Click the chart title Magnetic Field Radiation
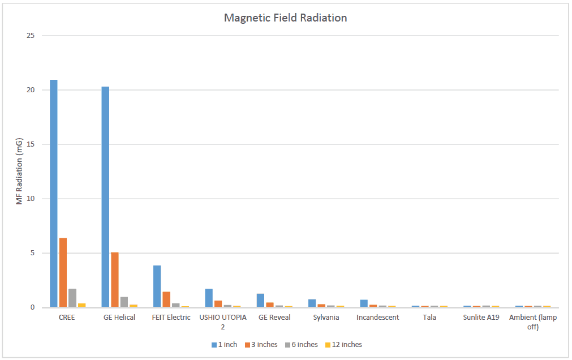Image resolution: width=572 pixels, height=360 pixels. pyautogui.click(x=285, y=18)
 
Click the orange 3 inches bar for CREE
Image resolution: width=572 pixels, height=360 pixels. pyautogui.click(x=63, y=272)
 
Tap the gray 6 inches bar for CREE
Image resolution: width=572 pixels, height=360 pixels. pyautogui.click(x=72, y=298)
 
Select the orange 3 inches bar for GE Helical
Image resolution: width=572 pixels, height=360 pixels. pyautogui.click(x=115, y=280)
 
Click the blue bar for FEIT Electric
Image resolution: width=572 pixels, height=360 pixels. pyautogui.click(x=157, y=286)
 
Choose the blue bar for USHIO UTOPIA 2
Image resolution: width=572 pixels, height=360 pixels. pyautogui.click(x=209, y=298)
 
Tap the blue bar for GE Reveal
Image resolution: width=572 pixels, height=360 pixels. pyautogui.click(x=260, y=300)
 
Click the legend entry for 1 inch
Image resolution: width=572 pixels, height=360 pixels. pyautogui.click(x=225, y=344)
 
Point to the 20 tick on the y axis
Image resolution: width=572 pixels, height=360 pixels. pyautogui.click(x=31, y=90)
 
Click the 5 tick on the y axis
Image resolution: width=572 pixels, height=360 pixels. pyautogui.click(x=32, y=253)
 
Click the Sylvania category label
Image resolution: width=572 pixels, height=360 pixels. pyautogui.click(x=326, y=318)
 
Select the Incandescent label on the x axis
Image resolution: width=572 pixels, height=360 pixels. pyautogui.click(x=377, y=318)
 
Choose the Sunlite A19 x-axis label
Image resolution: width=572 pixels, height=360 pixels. pyautogui.click(x=481, y=318)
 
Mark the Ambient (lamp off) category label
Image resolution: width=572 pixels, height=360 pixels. pyautogui.click(x=532, y=322)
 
